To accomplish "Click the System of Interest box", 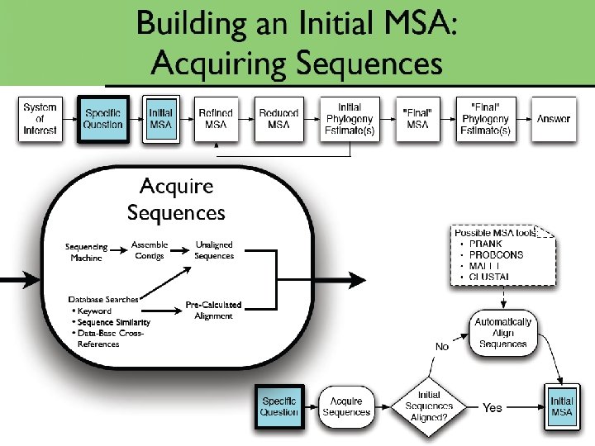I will point(40,119).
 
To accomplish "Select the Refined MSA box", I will point(216,119).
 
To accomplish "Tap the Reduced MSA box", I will point(278,119).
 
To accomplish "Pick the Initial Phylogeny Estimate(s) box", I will point(350,119).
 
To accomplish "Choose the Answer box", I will point(553,119).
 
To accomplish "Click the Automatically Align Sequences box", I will point(502,333).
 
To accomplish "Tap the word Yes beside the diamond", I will point(493,407).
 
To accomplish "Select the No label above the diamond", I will point(442,347).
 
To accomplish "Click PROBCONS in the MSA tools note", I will point(497,256).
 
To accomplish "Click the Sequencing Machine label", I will point(87,252).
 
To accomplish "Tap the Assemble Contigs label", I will point(150,249).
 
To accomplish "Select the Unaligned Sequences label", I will point(214,249).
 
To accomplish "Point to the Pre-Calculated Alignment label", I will point(213,310).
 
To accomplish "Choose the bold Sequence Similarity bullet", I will point(113,322).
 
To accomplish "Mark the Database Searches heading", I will point(103,299).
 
